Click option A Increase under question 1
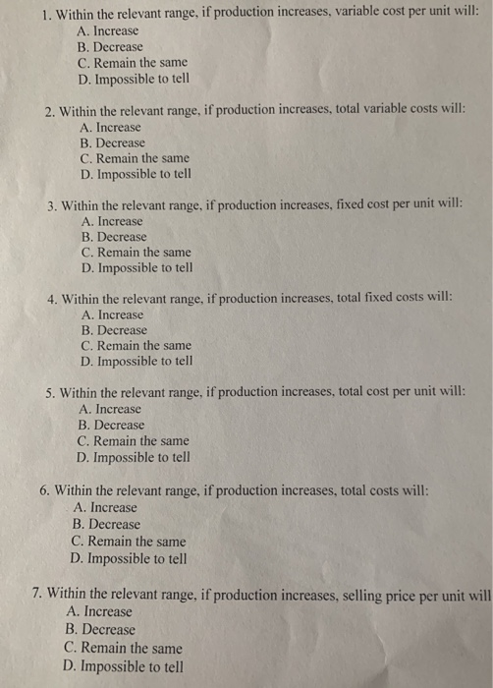click(110, 30)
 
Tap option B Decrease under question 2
click(113, 143)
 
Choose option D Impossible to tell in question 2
click(134, 174)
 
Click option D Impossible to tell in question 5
click(134, 457)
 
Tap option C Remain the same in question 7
click(123, 649)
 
